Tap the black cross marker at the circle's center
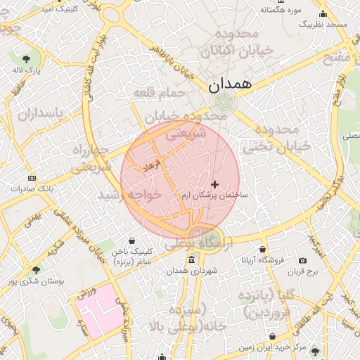(215, 184)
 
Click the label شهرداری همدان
(193, 271)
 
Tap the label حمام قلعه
(162, 93)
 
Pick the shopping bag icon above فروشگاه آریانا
(263, 249)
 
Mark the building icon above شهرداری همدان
(192, 261)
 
